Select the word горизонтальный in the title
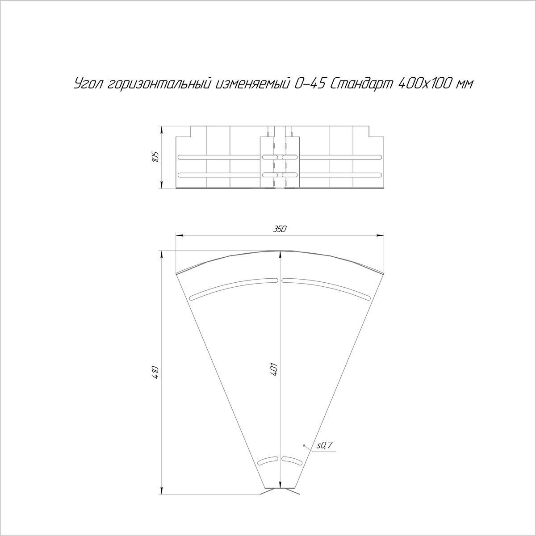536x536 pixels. coord(159,84)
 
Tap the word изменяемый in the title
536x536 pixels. coord(252,84)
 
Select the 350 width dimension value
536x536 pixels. coord(280,229)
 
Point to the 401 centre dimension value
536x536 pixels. coord(274,370)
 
